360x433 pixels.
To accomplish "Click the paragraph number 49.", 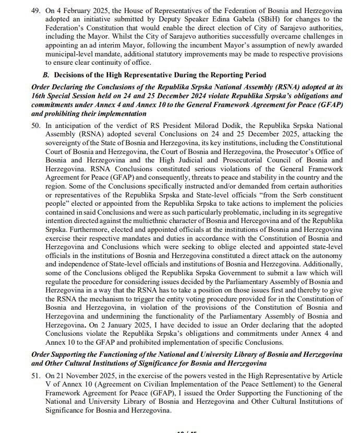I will point(35,10).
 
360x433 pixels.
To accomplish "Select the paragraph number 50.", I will point(35,125).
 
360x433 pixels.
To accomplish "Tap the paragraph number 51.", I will point(35,376).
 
